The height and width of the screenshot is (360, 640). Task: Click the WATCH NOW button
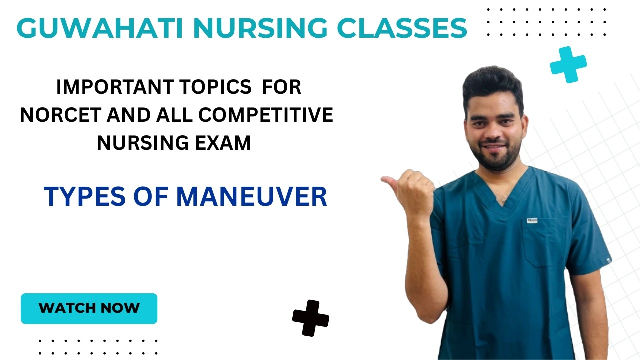point(89,308)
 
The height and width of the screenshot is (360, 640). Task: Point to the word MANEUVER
point(251,196)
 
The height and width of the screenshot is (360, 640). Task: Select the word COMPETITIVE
point(266,115)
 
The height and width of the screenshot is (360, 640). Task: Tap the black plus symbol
point(311,318)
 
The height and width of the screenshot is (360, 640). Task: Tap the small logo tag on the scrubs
point(532,220)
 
